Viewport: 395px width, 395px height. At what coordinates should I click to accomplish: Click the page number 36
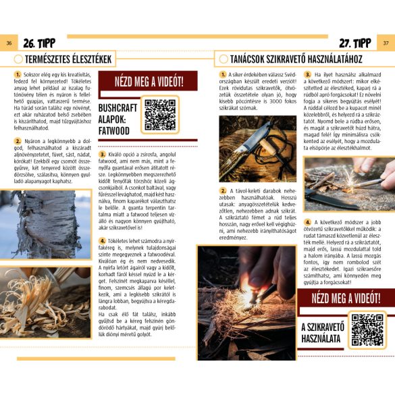(x=9, y=44)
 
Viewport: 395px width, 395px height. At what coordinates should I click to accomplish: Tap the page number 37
(x=386, y=44)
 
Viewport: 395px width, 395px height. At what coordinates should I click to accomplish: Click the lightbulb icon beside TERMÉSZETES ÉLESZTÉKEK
(x=19, y=59)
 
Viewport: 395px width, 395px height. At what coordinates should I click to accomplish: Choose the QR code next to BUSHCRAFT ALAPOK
(x=160, y=115)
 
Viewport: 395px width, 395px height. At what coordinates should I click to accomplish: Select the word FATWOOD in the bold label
(x=113, y=130)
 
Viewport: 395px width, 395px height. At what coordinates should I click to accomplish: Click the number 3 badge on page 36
(x=103, y=155)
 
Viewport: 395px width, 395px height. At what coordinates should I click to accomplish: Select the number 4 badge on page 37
(x=307, y=222)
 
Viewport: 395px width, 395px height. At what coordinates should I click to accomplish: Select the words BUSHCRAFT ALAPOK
(x=117, y=113)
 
